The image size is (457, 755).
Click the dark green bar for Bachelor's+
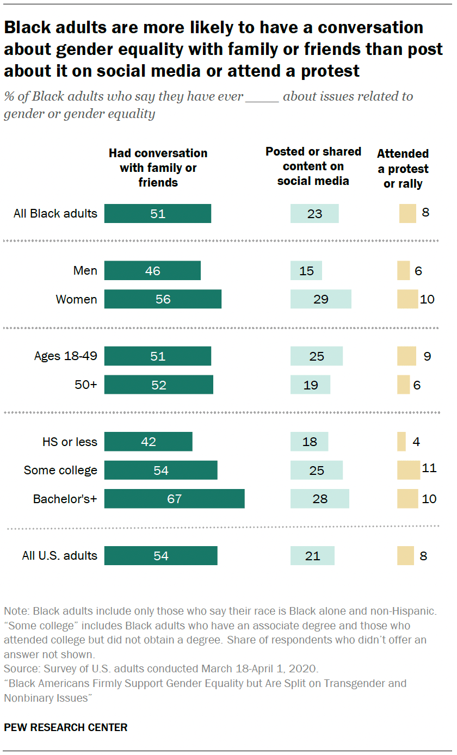click(174, 499)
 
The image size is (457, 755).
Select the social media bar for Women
click(320, 299)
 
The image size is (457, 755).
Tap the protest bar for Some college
click(409, 470)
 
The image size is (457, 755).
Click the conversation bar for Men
click(152, 271)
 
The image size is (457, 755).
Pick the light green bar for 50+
click(310, 385)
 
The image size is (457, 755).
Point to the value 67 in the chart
click(174, 499)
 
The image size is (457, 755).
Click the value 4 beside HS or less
click(416, 442)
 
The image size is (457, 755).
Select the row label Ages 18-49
click(65, 356)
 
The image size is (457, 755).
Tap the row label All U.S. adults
click(60, 556)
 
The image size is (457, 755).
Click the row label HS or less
click(69, 442)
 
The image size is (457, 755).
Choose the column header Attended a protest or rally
click(403, 169)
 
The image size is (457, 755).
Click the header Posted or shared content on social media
click(313, 166)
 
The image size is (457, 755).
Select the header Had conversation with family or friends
click(158, 168)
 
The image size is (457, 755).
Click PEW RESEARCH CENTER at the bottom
click(66, 727)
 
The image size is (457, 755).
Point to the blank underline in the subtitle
click(262, 101)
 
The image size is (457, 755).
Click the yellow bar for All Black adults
click(407, 214)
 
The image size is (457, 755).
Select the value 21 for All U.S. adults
click(312, 556)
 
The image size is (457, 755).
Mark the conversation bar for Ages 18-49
click(158, 356)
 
